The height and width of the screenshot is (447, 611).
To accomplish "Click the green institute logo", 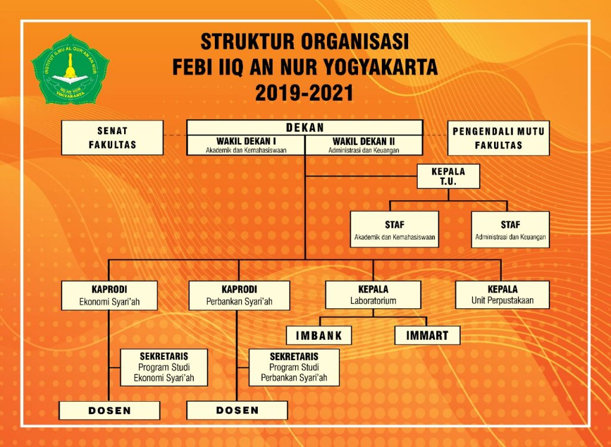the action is (x=70, y=69).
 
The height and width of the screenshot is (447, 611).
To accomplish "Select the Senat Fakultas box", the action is (x=112, y=138).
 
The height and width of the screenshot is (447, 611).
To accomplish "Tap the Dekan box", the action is (x=305, y=128).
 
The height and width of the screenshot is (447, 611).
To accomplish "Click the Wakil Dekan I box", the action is (x=246, y=145).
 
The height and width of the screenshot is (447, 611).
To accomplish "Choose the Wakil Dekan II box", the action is (x=364, y=145).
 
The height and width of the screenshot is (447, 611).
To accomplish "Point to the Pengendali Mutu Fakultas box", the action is (x=498, y=138).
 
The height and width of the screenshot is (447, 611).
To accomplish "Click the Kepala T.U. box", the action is (x=448, y=176).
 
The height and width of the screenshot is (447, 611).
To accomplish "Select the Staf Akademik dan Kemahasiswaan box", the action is (x=394, y=229).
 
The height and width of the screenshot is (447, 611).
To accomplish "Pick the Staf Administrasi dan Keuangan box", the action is (x=510, y=229).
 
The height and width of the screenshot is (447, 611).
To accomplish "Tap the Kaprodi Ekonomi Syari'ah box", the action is (x=110, y=296).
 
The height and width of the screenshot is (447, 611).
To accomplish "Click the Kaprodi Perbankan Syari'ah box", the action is (x=239, y=296).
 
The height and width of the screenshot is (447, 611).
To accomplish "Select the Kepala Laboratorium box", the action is (x=374, y=295).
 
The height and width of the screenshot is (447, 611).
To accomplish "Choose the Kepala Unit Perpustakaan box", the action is (x=502, y=295).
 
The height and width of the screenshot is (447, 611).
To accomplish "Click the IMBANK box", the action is (x=319, y=335).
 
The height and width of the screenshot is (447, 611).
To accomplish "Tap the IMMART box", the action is (x=427, y=335).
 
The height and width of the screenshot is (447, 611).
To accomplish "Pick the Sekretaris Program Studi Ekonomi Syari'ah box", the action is (x=164, y=367).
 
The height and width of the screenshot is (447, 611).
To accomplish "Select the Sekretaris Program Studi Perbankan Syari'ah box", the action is (x=294, y=367).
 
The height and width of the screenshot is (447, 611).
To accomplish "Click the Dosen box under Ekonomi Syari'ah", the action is (x=110, y=411).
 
